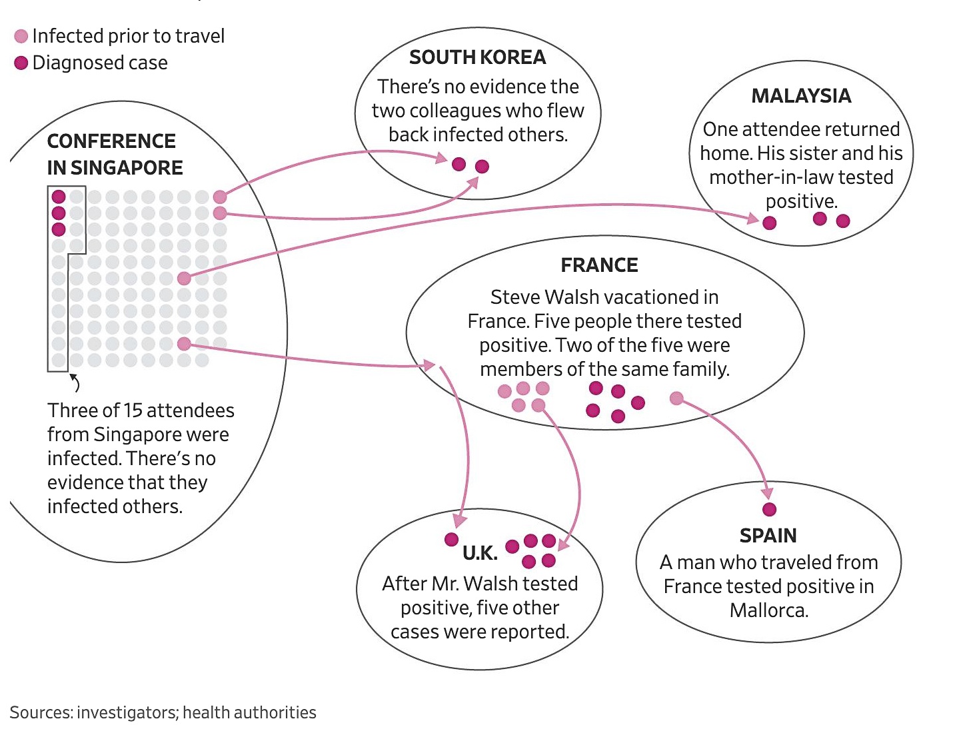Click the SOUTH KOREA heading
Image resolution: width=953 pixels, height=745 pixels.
coord(477,58)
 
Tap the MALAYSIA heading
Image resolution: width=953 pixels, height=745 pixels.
coord(801,96)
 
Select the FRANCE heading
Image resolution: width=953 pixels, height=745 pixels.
coord(599,265)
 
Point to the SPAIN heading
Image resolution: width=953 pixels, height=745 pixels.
coord(768,536)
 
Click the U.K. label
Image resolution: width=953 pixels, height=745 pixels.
coord(480,553)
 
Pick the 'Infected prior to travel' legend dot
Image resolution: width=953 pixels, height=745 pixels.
coord(21,36)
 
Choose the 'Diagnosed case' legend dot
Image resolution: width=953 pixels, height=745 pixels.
coord(21,63)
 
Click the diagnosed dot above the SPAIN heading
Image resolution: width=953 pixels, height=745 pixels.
coord(769,510)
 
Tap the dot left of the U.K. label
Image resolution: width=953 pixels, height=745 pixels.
coord(451,539)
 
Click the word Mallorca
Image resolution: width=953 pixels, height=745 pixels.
coord(768,610)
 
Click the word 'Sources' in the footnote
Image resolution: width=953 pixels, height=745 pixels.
coord(40,712)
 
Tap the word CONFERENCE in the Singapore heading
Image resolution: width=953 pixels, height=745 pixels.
coord(111,141)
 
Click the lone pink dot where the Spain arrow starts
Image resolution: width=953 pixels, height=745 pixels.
coord(676,398)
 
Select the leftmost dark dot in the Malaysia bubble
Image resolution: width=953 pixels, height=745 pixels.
coord(770,223)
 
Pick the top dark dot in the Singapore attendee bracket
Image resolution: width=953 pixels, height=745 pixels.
coord(59,197)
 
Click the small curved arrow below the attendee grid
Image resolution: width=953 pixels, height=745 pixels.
coord(75,382)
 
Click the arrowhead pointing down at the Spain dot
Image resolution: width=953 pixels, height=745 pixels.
coord(768,494)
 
